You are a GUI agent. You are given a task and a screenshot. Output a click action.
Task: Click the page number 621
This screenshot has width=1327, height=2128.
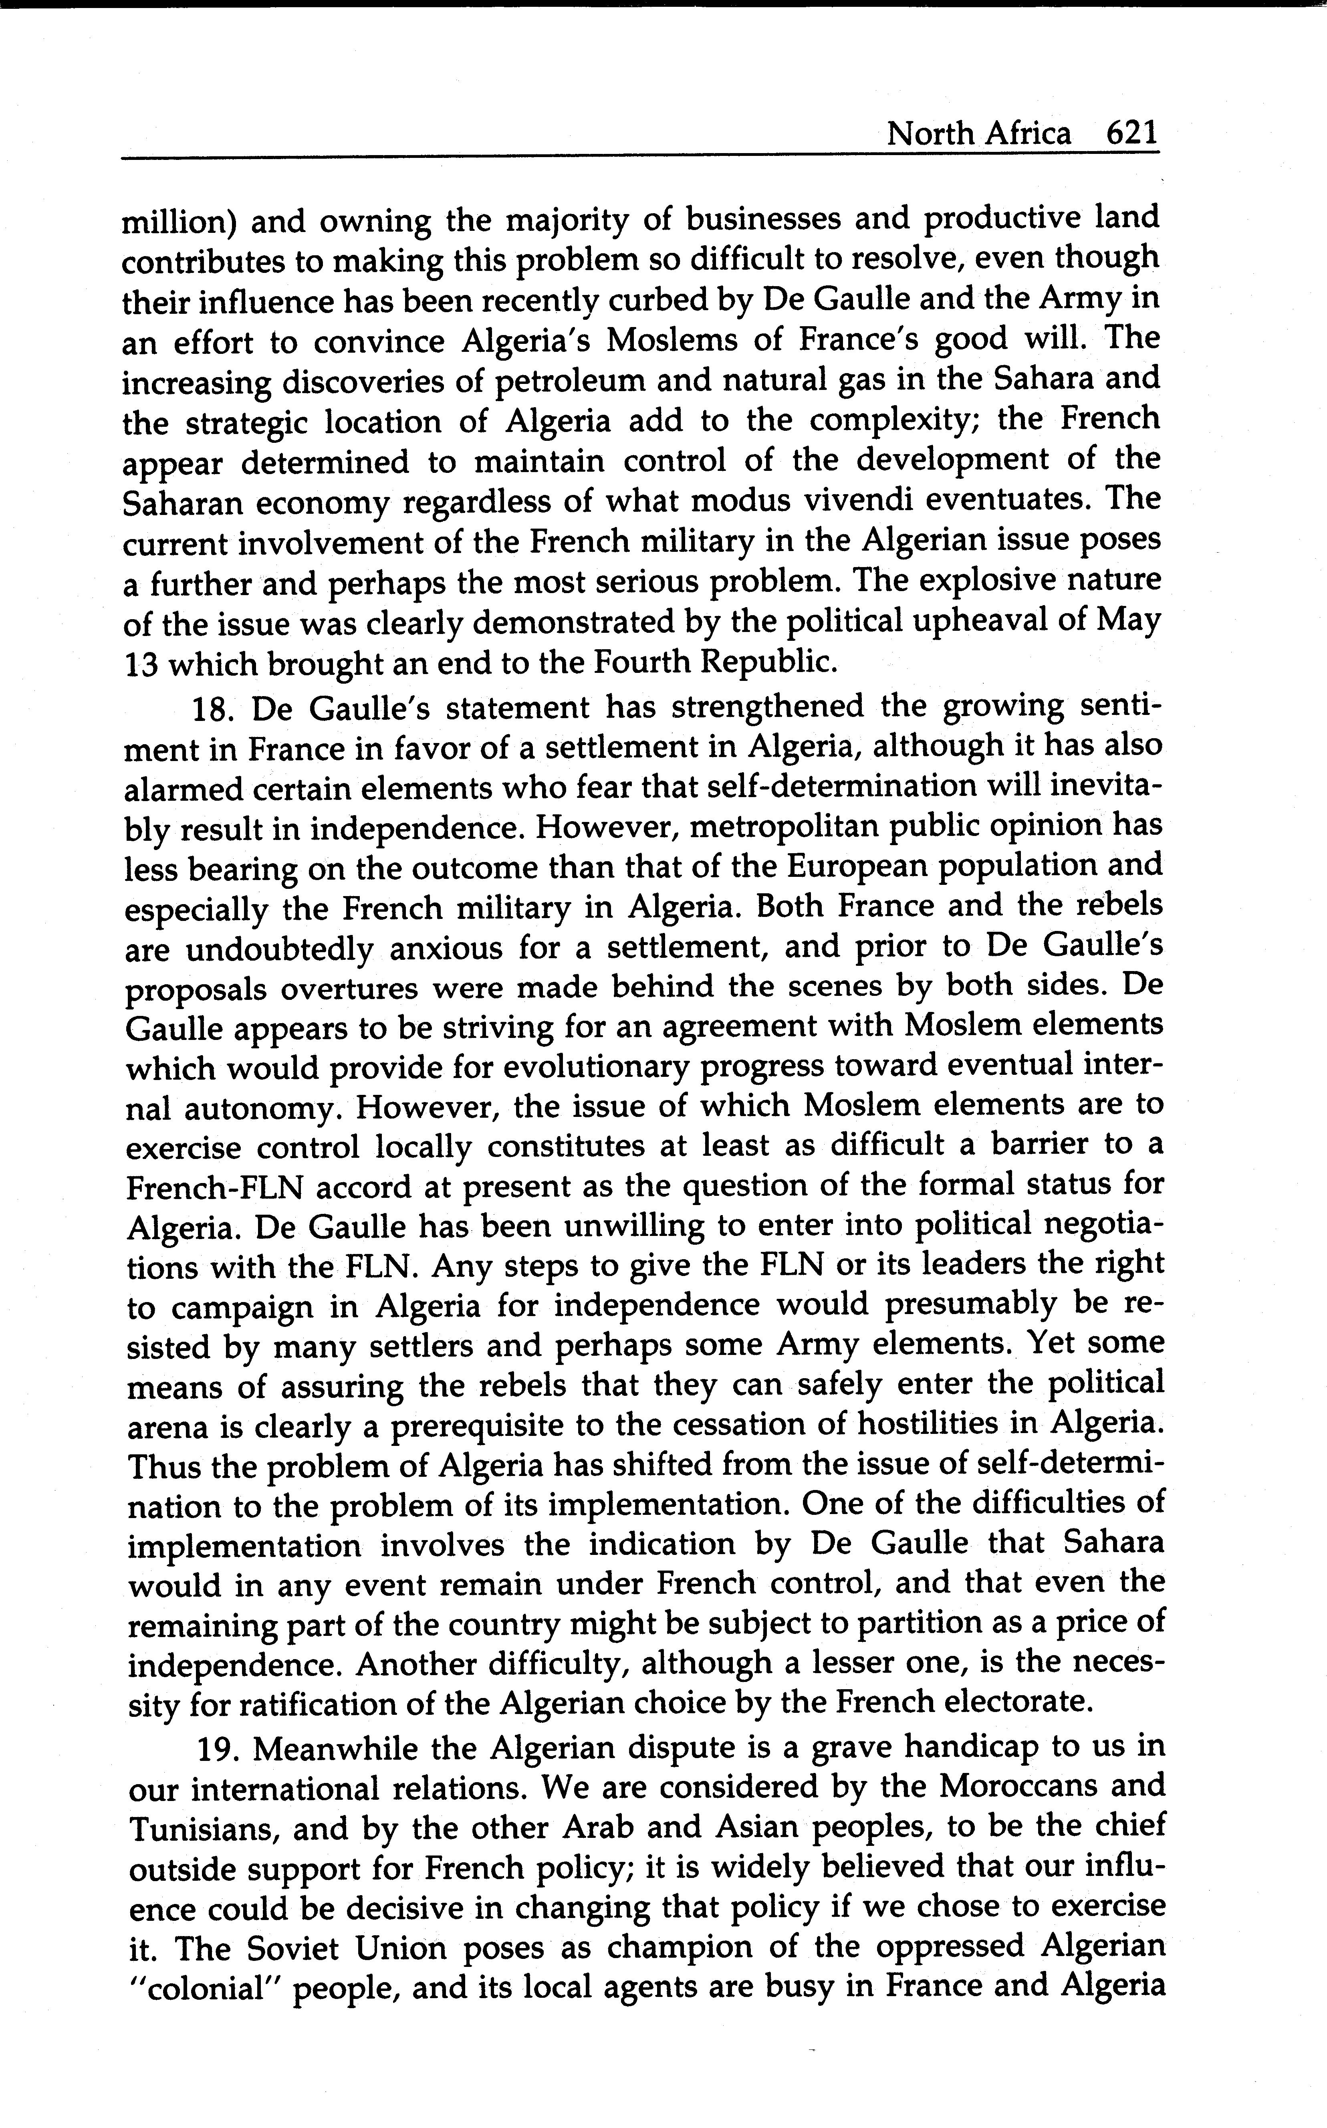1132,133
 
